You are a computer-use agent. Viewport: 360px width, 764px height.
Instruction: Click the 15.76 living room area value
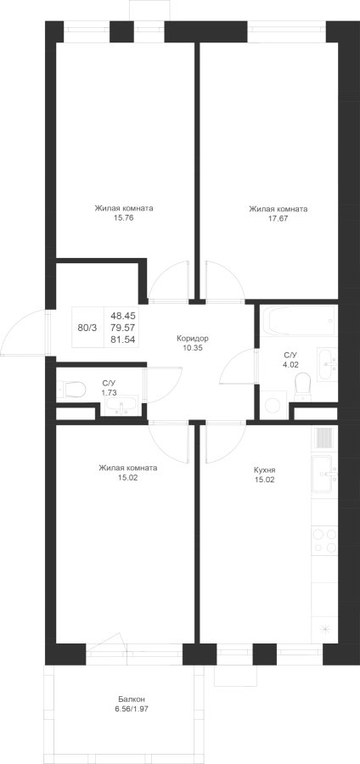124,219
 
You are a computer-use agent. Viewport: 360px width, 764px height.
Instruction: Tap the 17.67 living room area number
278,219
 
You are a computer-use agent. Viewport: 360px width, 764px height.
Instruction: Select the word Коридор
193,338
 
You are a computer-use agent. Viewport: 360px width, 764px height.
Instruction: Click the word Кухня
265,470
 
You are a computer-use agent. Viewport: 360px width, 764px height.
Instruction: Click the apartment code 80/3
87,328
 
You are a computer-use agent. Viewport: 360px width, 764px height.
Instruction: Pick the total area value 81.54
123,340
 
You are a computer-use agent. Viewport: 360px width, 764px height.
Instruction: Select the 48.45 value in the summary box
123,316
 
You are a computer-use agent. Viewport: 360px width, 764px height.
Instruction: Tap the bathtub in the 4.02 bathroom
299,320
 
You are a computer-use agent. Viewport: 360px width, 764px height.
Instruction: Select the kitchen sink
324,474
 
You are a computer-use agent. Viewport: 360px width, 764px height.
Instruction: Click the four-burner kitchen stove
324,541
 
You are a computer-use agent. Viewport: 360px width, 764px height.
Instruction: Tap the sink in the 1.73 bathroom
120,407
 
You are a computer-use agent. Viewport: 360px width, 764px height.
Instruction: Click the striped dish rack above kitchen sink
324,437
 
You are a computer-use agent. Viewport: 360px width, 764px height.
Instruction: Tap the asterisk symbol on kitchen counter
324,630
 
